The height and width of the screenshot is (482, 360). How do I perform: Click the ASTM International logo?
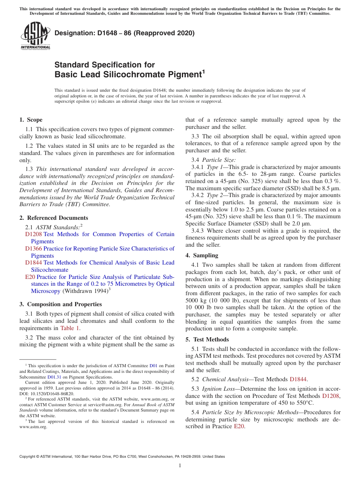[35, 36]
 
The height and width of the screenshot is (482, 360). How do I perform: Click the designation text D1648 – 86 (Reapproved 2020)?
[124, 33]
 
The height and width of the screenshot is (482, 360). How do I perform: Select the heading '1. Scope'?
[31, 120]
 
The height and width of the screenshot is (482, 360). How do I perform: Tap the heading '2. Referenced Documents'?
[54, 218]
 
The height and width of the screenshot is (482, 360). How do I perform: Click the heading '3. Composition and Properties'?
[61, 304]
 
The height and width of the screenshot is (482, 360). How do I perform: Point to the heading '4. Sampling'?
[202, 255]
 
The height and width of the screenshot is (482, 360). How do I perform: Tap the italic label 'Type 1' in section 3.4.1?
[215, 167]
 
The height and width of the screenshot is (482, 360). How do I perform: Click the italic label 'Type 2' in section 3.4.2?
[215, 195]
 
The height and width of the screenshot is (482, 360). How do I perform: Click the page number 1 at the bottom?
[180, 465]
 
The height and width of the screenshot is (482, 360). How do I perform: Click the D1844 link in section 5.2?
[298, 379]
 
